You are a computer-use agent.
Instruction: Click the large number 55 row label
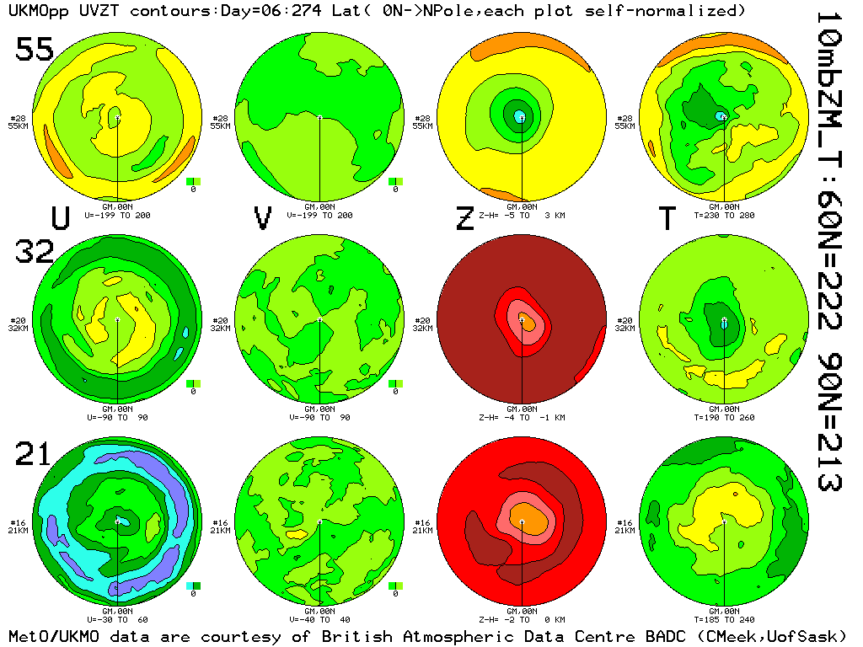[x=35, y=50]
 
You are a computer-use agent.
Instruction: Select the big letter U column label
[x=61, y=218]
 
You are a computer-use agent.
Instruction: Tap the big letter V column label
[x=263, y=218]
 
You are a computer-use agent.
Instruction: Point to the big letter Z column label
[x=464, y=218]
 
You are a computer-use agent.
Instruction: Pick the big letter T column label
[x=667, y=218]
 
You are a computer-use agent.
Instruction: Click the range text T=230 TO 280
[x=724, y=215]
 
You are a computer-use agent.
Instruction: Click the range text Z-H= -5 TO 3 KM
[x=522, y=215]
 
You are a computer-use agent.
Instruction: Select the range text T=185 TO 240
[x=724, y=620]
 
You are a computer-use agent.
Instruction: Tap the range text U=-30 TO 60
[x=117, y=620]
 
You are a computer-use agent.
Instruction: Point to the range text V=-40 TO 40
[x=319, y=620]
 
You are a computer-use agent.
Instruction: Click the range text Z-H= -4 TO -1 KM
[x=522, y=417]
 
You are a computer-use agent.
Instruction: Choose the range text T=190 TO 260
[x=724, y=417]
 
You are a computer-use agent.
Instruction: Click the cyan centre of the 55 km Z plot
[x=520, y=116]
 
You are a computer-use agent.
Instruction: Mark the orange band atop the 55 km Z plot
[x=523, y=50]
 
